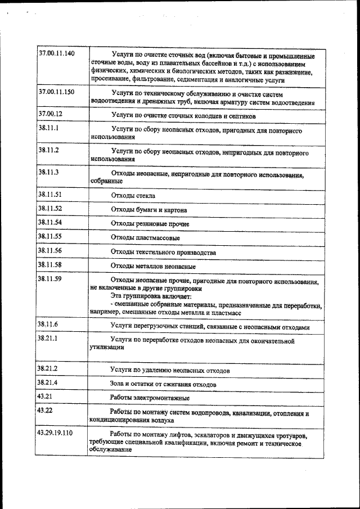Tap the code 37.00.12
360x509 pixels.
[50, 114]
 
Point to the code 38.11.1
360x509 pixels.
[48, 128]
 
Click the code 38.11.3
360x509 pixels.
[48, 171]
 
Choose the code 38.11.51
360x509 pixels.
[50, 195]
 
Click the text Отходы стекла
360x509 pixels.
[133, 196]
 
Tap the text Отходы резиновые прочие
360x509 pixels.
[150, 224]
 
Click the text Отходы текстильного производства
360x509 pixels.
[163, 253]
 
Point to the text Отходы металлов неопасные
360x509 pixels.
[153, 265]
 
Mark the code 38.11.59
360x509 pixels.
[49, 278]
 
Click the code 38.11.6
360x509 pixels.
[48, 325]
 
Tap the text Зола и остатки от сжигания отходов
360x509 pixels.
[163, 384]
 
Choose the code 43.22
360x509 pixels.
[44, 411]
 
